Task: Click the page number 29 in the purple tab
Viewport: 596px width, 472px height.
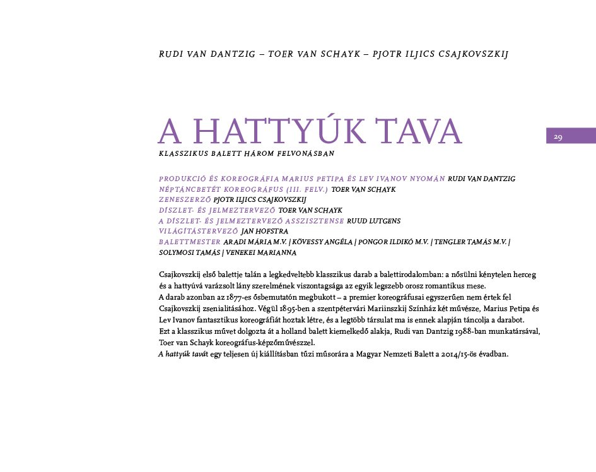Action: pos(558,137)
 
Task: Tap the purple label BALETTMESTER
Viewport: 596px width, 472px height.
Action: pos(189,242)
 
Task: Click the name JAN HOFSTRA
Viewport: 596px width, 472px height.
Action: pos(264,231)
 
